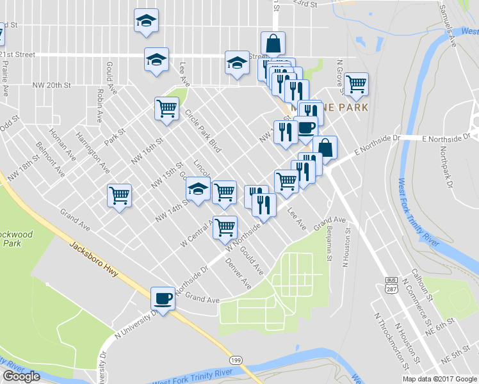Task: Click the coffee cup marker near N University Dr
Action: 163,298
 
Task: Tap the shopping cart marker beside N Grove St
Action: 356,83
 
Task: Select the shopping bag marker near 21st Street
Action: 273,44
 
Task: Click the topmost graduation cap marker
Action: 147,20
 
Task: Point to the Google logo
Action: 21,376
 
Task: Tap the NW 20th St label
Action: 52,85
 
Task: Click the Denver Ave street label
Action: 238,272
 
